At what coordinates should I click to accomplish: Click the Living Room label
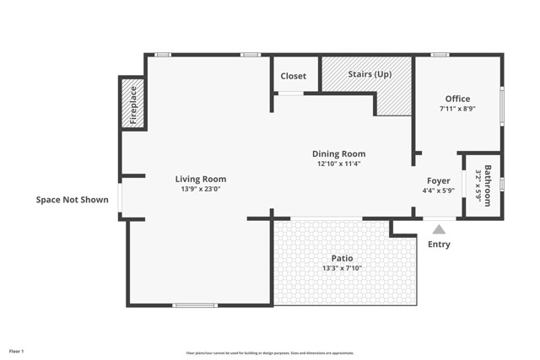(201, 179)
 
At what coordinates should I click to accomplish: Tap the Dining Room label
(339, 153)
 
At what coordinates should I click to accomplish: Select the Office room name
(458, 99)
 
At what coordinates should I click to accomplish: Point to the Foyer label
(438, 180)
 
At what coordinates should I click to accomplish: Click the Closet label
(294, 76)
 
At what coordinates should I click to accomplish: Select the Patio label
(342, 258)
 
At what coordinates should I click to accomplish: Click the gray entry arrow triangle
(439, 228)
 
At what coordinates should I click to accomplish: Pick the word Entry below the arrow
(439, 244)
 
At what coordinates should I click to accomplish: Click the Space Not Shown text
(72, 200)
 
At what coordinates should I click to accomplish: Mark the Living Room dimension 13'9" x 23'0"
(201, 190)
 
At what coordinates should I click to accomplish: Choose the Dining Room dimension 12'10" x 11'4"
(339, 164)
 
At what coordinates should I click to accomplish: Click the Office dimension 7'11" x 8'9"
(458, 109)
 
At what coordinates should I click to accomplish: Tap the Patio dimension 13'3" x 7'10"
(342, 268)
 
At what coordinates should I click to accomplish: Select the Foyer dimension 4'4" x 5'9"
(438, 191)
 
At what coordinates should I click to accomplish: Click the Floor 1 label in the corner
(17, 351)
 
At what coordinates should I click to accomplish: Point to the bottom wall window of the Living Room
(195, 304)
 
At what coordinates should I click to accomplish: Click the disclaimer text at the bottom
(270, 353)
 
